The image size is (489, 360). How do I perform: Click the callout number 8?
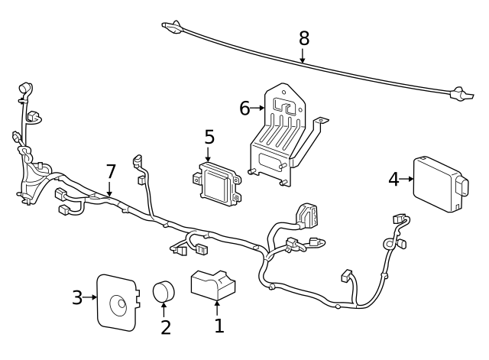(x=304, y=38)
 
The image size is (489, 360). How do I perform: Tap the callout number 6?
(x=244, y=109)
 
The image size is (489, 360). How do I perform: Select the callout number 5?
(x=209, y=138)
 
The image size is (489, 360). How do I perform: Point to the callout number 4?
(x=394, y=180)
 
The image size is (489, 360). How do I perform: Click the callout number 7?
(x=111, y=171)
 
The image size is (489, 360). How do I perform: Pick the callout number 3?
(x=77, y=297)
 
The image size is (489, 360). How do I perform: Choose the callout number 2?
(x=166, y=327)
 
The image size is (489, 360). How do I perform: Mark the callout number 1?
(x=219, y=326)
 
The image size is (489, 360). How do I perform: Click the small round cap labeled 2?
(x=164, y=291)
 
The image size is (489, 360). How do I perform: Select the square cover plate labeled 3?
(x=118, y=302)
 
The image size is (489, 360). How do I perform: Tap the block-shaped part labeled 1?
(x=213, y=285)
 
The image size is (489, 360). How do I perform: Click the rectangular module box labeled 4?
(x=441, y=185)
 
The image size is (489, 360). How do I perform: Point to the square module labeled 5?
(x=217, y=184)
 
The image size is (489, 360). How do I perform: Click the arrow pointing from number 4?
(x=406, y=179)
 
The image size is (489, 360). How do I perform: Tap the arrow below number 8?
(x=303, y=55)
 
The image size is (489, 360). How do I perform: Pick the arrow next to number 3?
(x=90, y=297)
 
